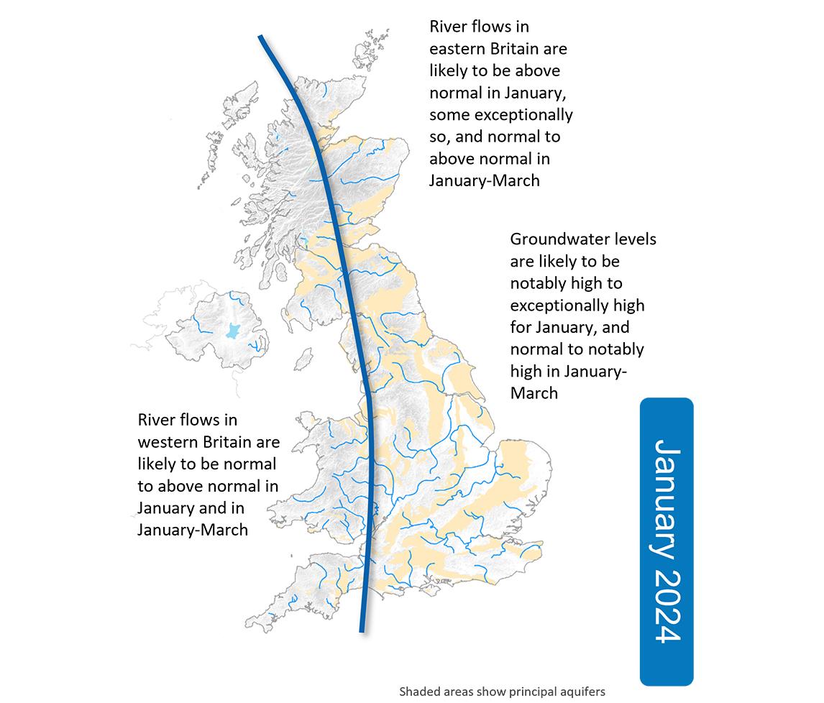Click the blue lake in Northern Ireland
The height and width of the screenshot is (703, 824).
pyautogui.click(x=232, y=330)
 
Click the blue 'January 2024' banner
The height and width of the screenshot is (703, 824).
pyautogui.click(x=667, y=541)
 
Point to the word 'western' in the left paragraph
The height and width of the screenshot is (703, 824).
pyautogui.click(x=170, y=441)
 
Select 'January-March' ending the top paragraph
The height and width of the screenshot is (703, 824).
pyautogui.click(x=484, y=180)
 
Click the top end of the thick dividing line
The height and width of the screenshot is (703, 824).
pyautogui.click(x=261, y=37)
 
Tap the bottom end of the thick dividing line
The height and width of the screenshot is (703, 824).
pyautogui.click(x=362, y=630)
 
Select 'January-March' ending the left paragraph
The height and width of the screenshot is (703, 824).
pyautogui.click(x=192, y=530)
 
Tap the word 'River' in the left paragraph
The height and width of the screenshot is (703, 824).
pyautogui.click(x=157, y=418)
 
